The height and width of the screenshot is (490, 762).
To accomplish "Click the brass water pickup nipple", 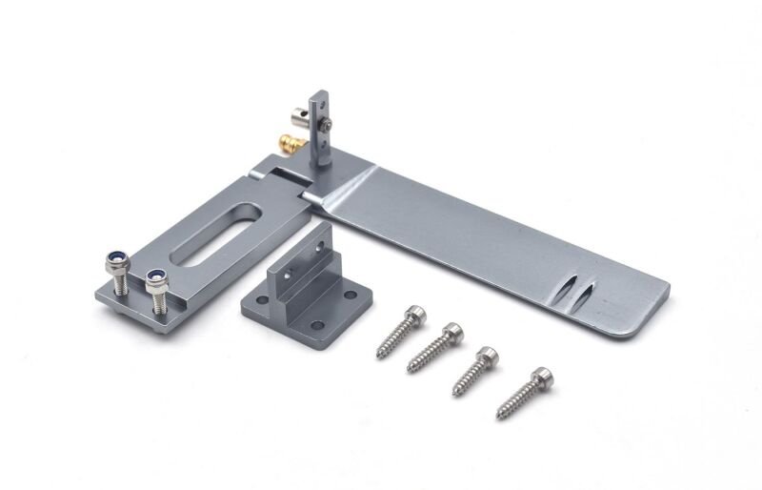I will pos(287,144).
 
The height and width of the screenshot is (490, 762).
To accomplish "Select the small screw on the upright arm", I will pos(327,126).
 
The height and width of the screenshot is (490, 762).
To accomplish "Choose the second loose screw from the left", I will pos(435,347).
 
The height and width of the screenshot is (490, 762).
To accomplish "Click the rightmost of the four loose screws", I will pos(524,392).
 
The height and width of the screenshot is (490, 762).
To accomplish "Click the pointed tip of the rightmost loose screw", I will pos(499,416).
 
